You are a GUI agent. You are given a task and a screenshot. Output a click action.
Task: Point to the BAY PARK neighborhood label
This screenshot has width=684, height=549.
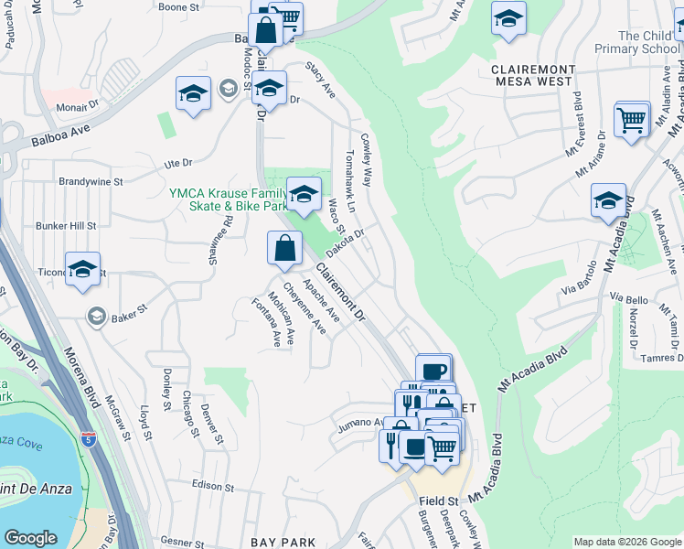(283, 542)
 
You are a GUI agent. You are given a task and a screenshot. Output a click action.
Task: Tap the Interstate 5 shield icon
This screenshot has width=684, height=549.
(89, 439)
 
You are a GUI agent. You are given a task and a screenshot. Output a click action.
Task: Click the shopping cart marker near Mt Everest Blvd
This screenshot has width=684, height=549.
(631, 120)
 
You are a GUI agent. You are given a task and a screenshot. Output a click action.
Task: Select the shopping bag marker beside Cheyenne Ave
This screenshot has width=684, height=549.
(284, 248)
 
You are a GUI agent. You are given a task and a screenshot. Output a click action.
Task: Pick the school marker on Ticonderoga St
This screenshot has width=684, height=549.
(82, 270)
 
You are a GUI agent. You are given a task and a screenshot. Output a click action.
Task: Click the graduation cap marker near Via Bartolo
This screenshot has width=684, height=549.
(608, 201)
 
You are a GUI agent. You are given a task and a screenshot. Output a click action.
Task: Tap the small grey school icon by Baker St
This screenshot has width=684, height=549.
(95, 317)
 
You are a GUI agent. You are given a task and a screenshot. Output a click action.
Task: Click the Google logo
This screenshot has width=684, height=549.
(30, 537)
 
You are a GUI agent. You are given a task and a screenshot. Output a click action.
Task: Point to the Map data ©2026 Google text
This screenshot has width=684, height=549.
(627, 542)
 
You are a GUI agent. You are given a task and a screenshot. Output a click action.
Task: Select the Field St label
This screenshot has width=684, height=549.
(439, 501)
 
